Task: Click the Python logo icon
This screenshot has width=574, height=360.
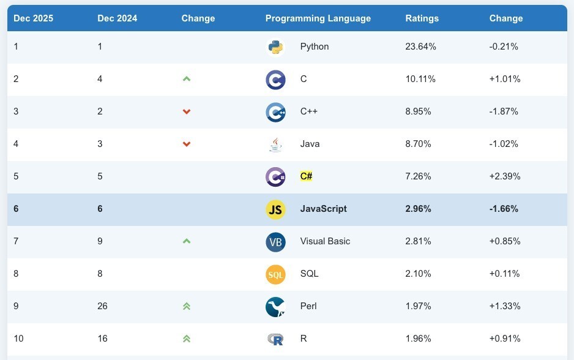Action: [275, 47]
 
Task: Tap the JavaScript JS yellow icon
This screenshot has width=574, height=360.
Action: [275, 209]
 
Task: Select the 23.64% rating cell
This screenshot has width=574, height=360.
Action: [420, 47]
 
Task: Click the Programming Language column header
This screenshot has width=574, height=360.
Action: [318, 18]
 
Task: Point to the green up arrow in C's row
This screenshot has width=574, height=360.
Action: [187, 79]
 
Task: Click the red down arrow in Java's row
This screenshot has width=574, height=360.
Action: [187, 144]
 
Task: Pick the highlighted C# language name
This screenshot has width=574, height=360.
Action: [306, 176]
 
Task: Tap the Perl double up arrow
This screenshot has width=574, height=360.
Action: [187, 306]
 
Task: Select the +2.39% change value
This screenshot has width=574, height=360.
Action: [505, 176]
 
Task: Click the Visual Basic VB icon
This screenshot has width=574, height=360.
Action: [275, 242]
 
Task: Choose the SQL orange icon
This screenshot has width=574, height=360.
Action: [275, 274]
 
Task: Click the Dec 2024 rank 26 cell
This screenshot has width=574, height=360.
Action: [102, 306]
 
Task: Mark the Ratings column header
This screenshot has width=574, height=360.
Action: [422, 18]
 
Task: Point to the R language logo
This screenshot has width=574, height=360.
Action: [275, 339]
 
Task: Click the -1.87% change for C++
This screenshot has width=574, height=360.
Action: [504, 111]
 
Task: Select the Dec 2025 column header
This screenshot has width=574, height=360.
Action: [33, 18]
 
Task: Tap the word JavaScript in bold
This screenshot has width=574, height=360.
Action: [323, 209]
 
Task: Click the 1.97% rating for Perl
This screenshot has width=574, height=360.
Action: [418, 306]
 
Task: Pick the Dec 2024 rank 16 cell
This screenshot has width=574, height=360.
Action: [102, 339]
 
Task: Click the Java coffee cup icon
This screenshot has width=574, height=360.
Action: [275, 144]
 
